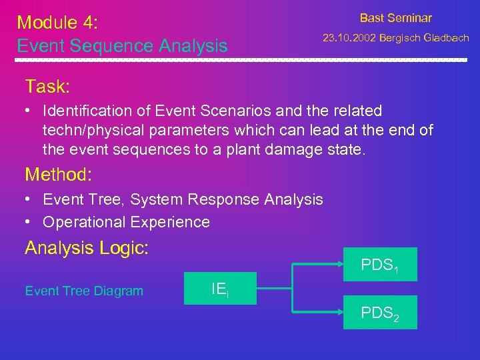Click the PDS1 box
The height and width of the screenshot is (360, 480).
tap(380, 265)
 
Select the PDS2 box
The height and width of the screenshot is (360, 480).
tap(380, 312)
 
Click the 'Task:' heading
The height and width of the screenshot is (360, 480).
tap(47, 86)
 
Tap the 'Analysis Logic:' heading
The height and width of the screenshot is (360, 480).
tap(87, 248)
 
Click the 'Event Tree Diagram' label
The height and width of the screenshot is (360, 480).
tap(84, 291)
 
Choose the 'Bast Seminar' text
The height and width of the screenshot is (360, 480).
tap(395, 18)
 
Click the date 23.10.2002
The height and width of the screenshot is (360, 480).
tap(349, 38)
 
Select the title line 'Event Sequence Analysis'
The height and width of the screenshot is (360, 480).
tap(122, 46)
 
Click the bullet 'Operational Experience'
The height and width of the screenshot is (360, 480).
tap(126, 222)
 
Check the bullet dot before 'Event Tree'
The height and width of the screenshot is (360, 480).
tap(31, 199)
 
